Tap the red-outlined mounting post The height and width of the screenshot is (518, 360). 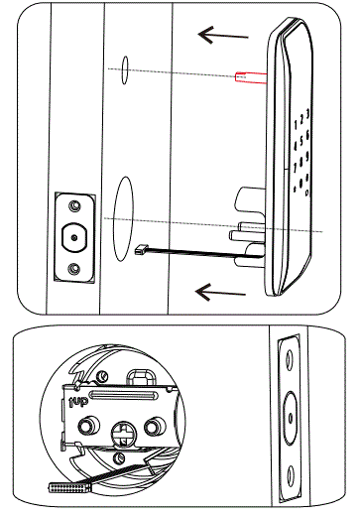(x=248, y=76)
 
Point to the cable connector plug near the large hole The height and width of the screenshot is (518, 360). (x=141, y=250)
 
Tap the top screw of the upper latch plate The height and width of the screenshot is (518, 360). (x=74, y=207)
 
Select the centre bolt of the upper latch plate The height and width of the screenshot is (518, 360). (x=74, y=238)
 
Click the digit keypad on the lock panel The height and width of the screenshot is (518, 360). (x=300, y=149)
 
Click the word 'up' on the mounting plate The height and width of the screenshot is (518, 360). (x=79, y=401)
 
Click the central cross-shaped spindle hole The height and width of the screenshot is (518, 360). (x=121, y=435)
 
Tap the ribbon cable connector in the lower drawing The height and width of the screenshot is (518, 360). (x=66, y=487)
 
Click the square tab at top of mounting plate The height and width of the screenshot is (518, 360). (x=141, y=374)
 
